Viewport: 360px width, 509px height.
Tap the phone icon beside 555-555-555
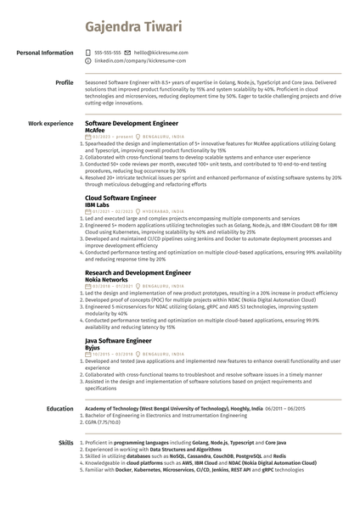88,53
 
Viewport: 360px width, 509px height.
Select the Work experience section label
51,123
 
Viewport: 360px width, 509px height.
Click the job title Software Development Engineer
132,123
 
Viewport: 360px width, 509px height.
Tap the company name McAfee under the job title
96,130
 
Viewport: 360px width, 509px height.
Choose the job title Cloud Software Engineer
121,197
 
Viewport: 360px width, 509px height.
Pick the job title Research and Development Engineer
138,271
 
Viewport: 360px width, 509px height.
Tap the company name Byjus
94,346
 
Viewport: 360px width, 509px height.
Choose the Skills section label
65,443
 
